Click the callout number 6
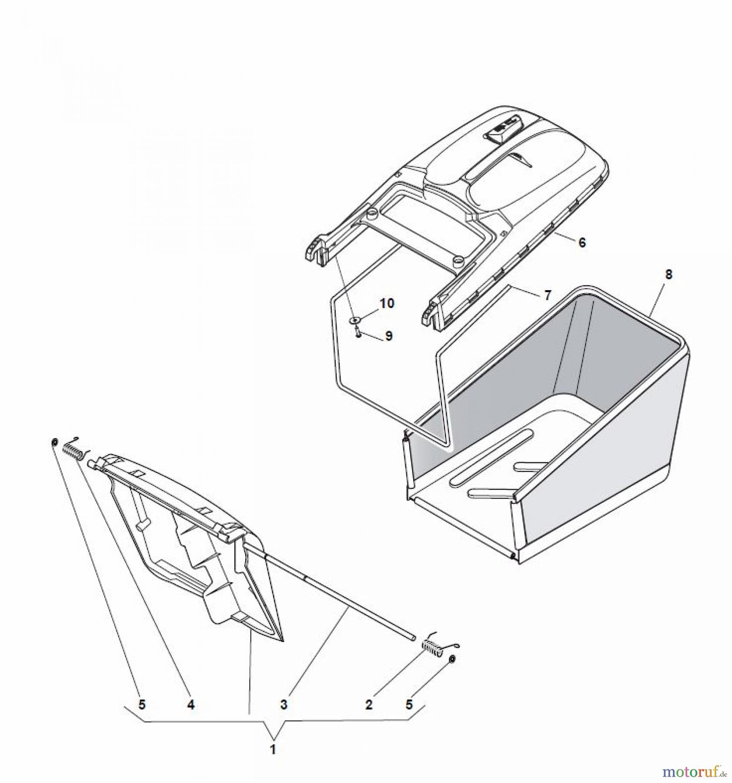click(582, 242)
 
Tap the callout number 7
click(547, 296)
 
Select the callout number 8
click(668, 274)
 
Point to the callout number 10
click(387, 303)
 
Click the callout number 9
click(388, 336)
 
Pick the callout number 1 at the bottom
click(273, 750)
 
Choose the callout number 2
click(369, 705)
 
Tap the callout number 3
click(284, 705)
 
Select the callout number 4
click(191, 705)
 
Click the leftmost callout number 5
click(142, 705)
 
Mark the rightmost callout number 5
click(409, 705)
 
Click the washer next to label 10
click(355, 320)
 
